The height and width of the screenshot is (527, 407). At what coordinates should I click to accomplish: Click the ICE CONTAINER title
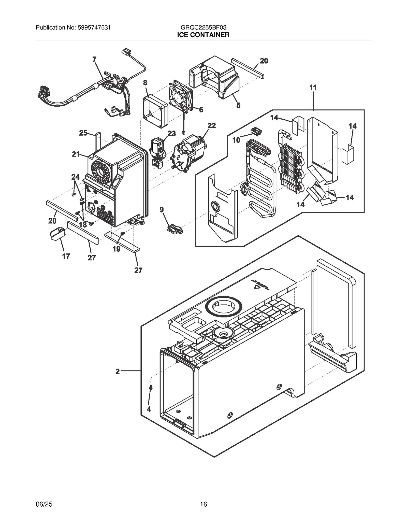click(x=203, y=35)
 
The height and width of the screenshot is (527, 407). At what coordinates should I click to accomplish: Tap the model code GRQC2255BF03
click(x=203, y=27)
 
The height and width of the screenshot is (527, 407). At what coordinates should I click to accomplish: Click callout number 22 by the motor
click(x=212, y=125)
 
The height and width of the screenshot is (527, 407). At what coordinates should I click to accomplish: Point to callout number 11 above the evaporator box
click(x=313, y=88)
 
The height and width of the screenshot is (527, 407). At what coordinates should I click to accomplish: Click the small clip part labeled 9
click(x=175, y=228)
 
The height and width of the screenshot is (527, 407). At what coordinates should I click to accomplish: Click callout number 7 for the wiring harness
click(x=94, y=60)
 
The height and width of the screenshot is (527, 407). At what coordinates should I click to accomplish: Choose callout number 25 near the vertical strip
click(x=83, y=133)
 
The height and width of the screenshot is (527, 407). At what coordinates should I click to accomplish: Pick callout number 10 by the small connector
click(x=236, y=140)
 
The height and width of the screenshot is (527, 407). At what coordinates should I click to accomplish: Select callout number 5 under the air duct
click(x=238, y=105)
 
